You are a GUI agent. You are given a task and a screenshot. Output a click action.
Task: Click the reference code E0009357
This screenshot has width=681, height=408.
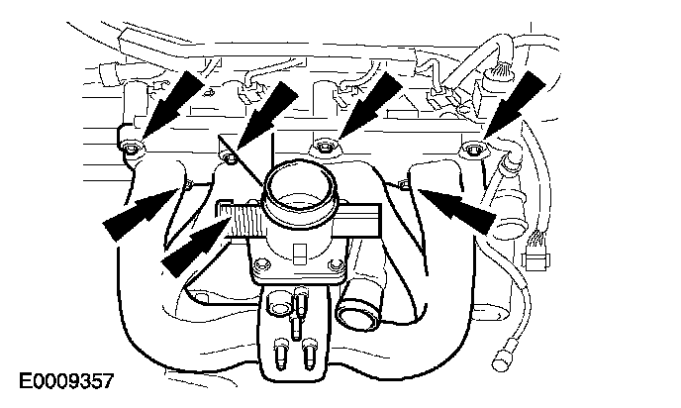tap(66, 381)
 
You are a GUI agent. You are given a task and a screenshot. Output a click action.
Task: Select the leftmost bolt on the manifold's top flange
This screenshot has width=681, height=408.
tap(132, 148)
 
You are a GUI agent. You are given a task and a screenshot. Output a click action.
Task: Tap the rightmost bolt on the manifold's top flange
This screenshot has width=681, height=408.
tap(472, 150)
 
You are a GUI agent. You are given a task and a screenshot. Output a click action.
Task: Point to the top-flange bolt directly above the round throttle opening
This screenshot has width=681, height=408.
tap(324, 147)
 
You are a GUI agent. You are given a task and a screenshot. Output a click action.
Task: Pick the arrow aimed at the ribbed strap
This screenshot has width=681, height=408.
tap(196, 247)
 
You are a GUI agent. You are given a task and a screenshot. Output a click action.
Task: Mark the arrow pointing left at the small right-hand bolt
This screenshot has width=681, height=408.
tap(458, 208)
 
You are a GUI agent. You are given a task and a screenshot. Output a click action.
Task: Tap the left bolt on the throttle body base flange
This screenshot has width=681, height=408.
tap(262, 264)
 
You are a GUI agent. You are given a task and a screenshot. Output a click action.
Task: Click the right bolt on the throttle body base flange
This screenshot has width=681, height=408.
tap(334, 264)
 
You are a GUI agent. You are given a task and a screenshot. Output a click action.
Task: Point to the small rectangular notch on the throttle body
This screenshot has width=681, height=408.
tap(300, 255)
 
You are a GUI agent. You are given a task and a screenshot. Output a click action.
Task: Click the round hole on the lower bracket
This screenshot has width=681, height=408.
tap(278, 306)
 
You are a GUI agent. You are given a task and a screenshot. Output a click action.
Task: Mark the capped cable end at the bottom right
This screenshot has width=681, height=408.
tap(503, 357)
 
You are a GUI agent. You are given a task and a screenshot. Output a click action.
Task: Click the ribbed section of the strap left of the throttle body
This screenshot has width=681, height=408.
tap(244, 220)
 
